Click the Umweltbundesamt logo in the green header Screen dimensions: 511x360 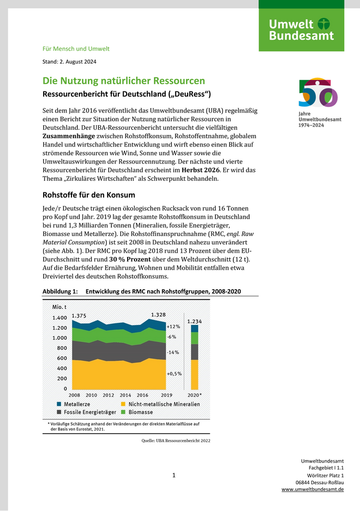click(x=301, y=30)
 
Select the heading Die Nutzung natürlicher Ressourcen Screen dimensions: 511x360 click(x=124, y=81)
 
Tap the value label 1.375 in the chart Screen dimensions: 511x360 click(x=79, y=316)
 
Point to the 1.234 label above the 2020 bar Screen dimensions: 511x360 click(x=194, y=321)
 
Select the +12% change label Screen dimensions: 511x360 click(x=173, y=326)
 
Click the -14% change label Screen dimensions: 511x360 click(x=173, y=352)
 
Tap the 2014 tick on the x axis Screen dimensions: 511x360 click(x=125, y=395)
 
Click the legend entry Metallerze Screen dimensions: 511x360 click(x=76, y=404)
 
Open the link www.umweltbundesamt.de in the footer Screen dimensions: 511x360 click(x=313, y=489)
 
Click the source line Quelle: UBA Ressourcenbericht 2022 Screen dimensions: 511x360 click(x=172, y=441)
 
